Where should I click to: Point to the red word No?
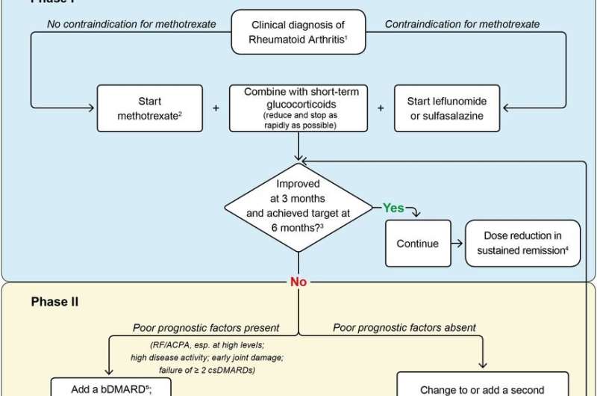tap(298, 282)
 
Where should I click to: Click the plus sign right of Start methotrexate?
tap(216, 108)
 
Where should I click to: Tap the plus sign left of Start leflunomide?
tap(380, 108)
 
